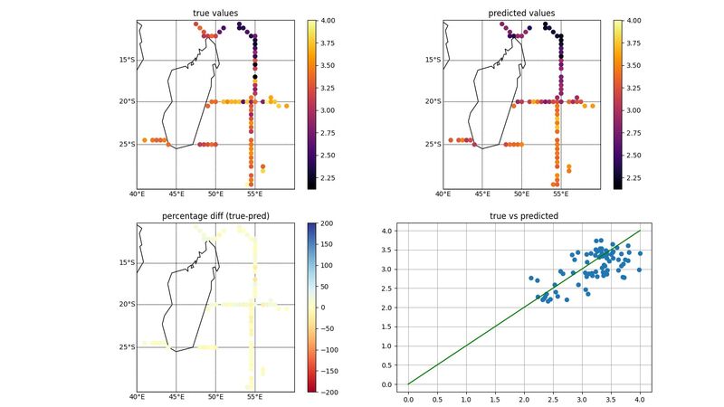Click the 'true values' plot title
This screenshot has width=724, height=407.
click(x=215, y=13)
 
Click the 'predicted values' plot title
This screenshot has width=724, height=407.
click(x=522, y=13)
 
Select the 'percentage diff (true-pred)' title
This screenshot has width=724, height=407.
click(x=215, y=216)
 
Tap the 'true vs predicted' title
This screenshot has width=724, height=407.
click(x=522, y=216)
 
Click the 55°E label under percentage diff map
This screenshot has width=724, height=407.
click(x=254, y=397)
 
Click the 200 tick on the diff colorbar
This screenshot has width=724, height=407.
click(x=329, y=222)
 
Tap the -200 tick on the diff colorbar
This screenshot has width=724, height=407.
click(x=330, y=391)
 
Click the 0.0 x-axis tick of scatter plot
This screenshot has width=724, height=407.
click(x=408, y=397)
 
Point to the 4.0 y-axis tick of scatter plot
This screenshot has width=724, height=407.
click(x=386, y=231)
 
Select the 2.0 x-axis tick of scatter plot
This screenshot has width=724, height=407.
click(x=524, y=397)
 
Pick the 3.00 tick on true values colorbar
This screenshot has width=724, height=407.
click(x=330, y=110)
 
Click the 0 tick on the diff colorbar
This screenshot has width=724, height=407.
click(x=325, y=307)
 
